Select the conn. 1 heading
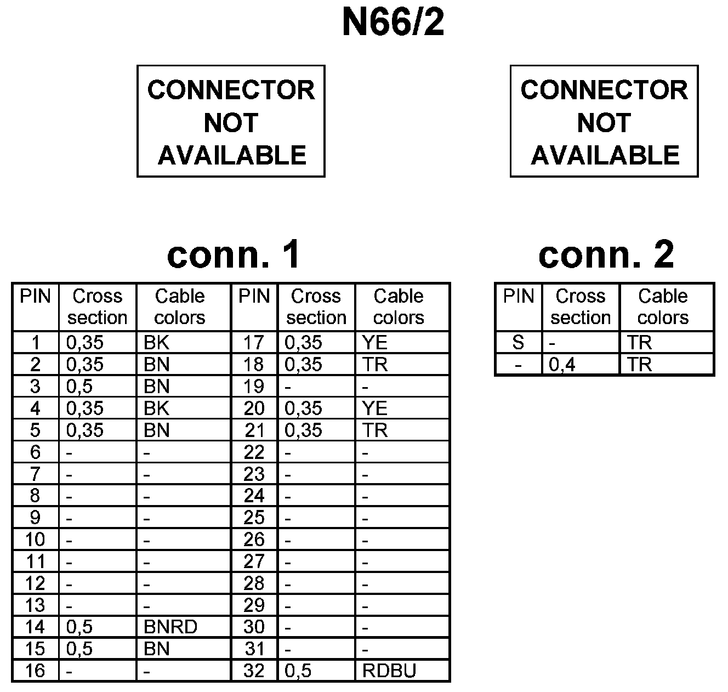pyautogui.click(x=234, y=255)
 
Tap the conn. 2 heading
pyautogui.click(x=606, y=255)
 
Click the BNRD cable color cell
pyautogui.click(x=170, y=627)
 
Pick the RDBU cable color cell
pyautogui.click(x=389, y=671)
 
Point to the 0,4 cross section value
pyautogui.click(x=562, y=365)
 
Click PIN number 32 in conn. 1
pyautogui.click(x=254, y=671)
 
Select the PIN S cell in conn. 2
pyautogui.click(x=518, y=343)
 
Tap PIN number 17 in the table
pyautogui.click(x=254, y=343)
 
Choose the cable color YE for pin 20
pyautogui.click(x=375, y=409)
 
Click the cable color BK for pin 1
pyautogui.click(x=156, y=343)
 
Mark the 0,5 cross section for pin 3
pyautogui.click(x=79, y=387)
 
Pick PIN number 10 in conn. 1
pyautogui.click(x=35, y=540)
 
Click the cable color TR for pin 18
pyautogui.click(x=375, y=365)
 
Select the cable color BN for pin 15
pyautogui.click(x=156, y=649)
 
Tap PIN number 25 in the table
pyautogui.click(x=254, y=518)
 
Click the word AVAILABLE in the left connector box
pyautogui.click(x=232, y=156)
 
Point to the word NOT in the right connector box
pyautogui.click(x=604, y=123)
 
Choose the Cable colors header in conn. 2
pyautogui.click(x=663, y=307)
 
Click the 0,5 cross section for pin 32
pyautogui.click(x=298, y=671)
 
